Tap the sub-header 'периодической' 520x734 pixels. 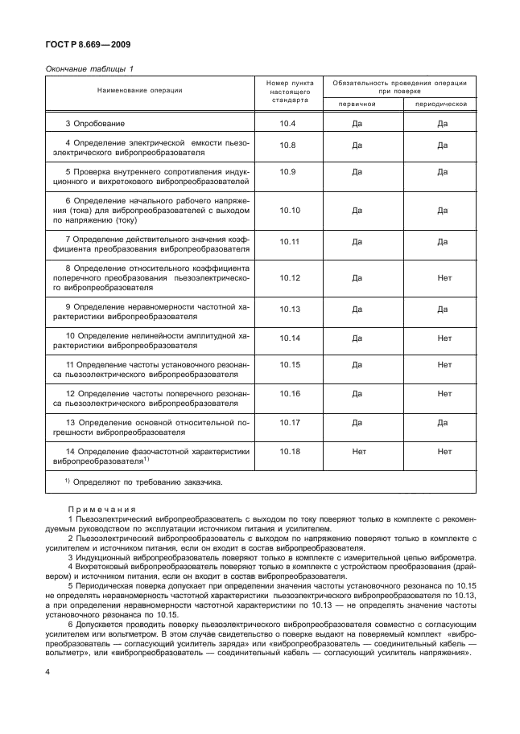coord(441,104)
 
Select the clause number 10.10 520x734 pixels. coord(289,210)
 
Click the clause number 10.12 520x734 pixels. coord(289,277)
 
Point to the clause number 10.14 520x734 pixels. coord(289,338)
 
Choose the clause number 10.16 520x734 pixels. coord(289,393)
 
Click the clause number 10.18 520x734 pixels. coord(289,453)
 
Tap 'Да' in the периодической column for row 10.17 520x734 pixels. coord(442,421)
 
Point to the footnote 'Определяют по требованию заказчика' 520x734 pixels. coord(147,482)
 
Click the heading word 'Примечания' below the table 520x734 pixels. coord(101,510)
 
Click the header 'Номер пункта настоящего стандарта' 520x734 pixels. coord(289,92)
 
